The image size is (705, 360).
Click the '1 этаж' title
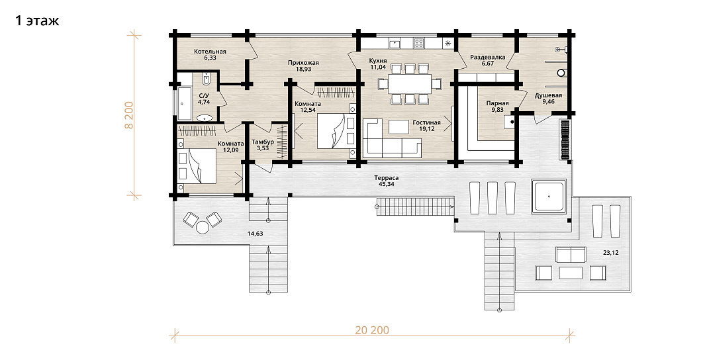click(37, 21)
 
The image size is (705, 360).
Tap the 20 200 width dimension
click(372, 330)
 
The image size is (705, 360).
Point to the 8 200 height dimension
click(129, 116)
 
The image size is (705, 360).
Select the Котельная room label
click(210, 51)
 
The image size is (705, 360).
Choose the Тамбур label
click(263, 142)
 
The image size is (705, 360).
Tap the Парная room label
click(498, 103)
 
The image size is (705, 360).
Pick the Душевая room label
click(548, 95)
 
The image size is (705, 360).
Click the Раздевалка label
click(488, 57)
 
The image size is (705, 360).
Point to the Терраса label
click(386, 177)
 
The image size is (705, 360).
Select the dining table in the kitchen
click(410, 83)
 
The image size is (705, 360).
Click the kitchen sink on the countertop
click(395, 43)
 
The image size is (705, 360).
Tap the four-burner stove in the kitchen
click(419, 43)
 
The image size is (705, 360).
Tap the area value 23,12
click(610, 253)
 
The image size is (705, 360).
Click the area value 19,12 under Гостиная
click(426, 128)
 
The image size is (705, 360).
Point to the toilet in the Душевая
click(560, 71)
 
